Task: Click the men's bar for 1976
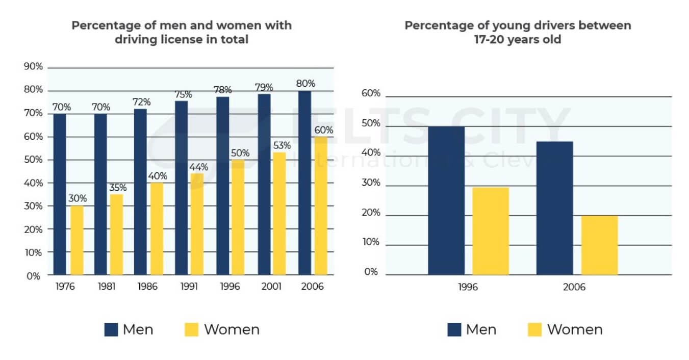tap(60, 194)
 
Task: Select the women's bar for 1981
tap(116, 235)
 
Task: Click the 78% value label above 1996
tap(222, 90)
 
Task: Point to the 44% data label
tap(198, 167)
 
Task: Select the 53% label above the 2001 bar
tap(280, 145)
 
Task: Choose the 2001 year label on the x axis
tap(271, 287)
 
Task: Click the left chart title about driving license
tap(182, 32)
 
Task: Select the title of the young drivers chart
tap(518, 32)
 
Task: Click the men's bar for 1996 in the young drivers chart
tap(446, 200)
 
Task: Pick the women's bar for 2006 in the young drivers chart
tap(599, 245)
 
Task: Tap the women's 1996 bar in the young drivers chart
tap(491, 231)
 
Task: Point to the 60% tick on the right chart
tap(371, 93)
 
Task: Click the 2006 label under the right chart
tap(575, 287)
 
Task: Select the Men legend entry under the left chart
tap(129, 329)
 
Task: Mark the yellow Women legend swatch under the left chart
tap(191, 329)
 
